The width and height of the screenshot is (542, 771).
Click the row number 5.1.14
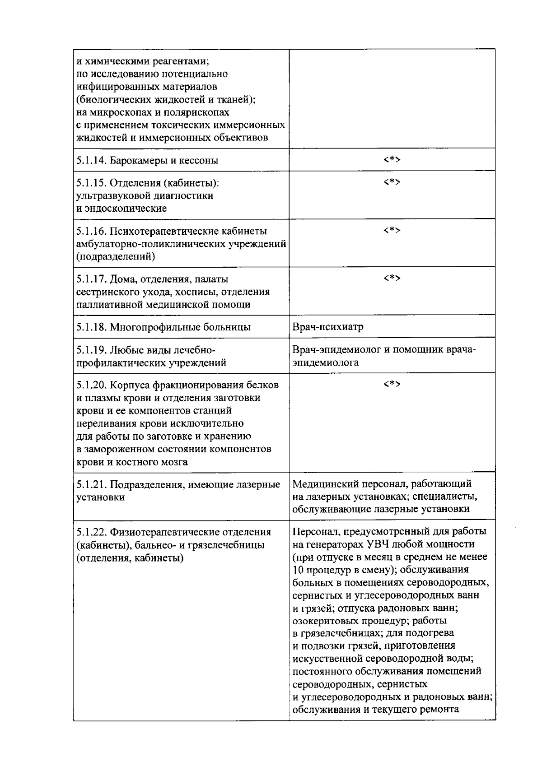92,160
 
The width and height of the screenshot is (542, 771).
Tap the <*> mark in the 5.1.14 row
392,159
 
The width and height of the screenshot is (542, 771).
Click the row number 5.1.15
92,183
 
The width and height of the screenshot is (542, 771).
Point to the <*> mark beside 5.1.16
392,231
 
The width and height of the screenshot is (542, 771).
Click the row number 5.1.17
92,279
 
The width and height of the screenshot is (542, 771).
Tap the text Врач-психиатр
328,327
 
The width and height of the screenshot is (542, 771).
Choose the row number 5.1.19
92,350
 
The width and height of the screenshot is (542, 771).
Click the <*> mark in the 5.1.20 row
392,385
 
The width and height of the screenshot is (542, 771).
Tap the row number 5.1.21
92,485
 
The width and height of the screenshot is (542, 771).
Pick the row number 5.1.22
92,532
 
